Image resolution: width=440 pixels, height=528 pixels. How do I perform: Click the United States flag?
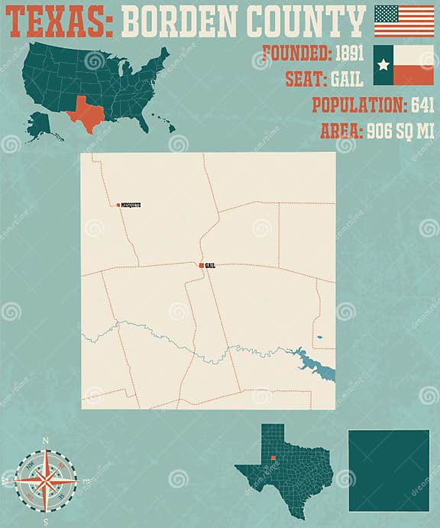[403, 21]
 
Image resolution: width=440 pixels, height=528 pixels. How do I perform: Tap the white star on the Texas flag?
[383, 65]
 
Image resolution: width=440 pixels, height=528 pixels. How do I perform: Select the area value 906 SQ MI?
[389, 131]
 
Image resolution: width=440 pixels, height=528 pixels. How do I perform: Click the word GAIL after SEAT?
[346, 79]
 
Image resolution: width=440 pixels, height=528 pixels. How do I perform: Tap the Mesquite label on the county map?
[131, 206]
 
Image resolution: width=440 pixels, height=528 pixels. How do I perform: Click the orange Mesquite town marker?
[118, 206]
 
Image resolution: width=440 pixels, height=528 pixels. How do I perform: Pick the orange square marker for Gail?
[201, 265]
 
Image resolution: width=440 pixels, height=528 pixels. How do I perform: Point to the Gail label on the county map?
[211, 265]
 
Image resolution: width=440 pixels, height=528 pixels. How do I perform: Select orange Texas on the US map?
[86, 115]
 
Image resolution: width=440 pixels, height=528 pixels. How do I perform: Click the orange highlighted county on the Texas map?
[273, 458]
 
